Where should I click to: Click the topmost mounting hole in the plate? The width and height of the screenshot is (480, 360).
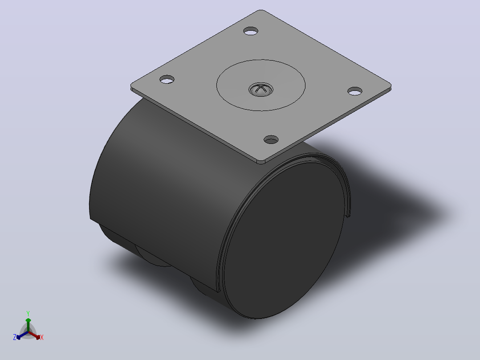coord(251,31)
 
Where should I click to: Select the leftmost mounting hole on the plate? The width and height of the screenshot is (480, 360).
coord(167,80)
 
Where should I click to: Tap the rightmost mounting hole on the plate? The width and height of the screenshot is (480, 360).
coord(355,91)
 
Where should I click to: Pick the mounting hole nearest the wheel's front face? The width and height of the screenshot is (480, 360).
coord(271,140)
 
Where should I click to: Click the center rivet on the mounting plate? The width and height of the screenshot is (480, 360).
coord(260,90)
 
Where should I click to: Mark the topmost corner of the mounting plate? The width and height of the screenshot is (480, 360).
coord(261,11)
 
